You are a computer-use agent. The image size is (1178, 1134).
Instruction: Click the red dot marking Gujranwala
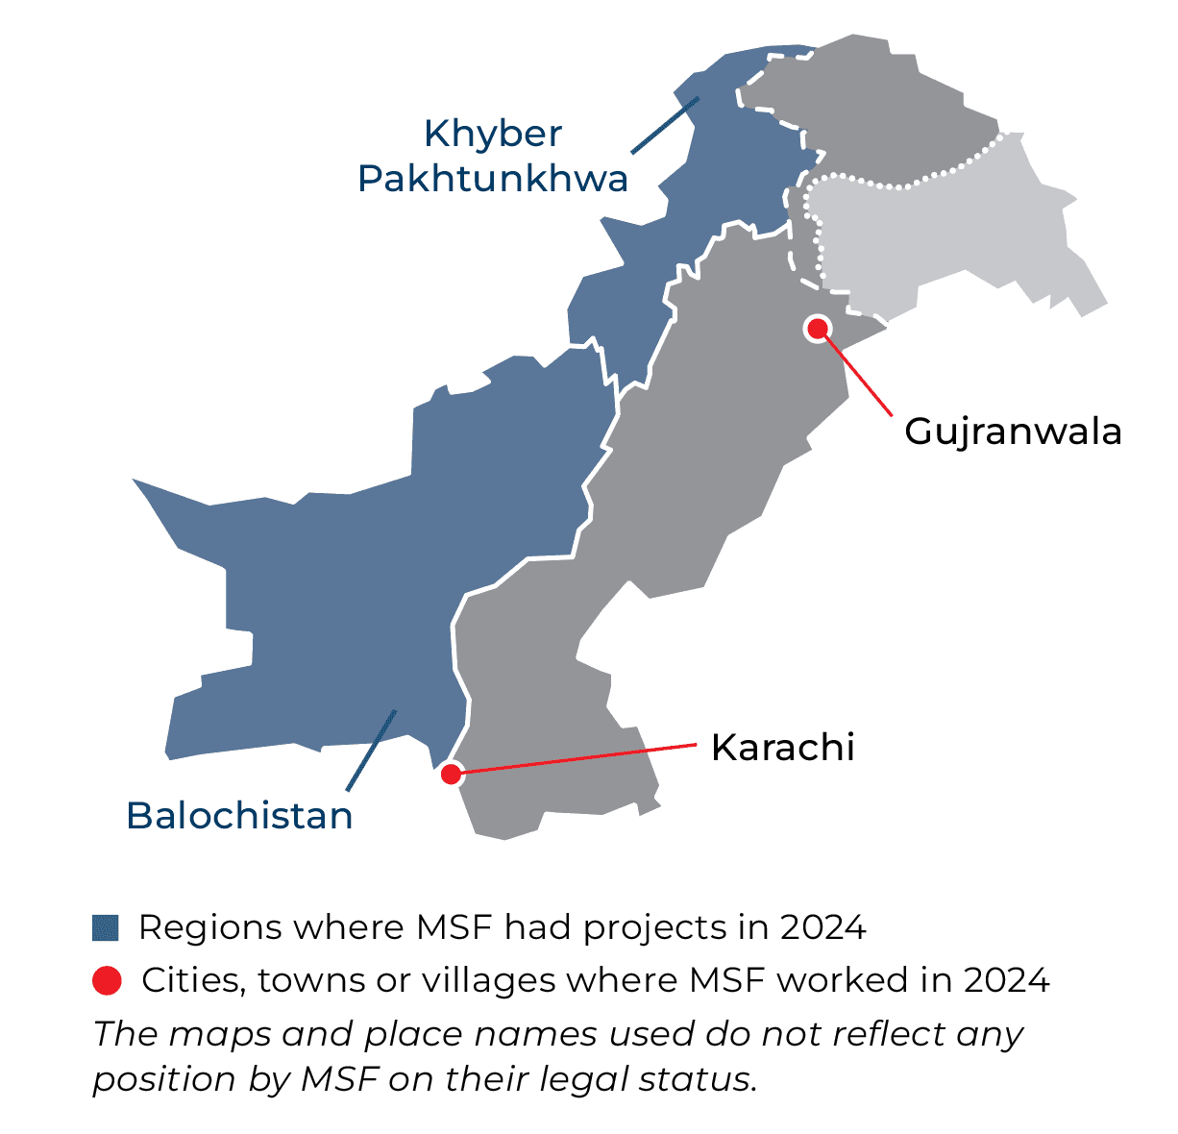tap(818, 329)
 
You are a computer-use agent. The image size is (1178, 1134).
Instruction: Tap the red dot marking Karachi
tap(450, 773)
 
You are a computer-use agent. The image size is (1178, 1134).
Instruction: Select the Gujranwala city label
tap(1013, 431)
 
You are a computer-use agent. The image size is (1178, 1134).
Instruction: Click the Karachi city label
tap(782, 748)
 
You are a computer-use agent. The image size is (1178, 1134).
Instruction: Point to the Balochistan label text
tap(239, 816)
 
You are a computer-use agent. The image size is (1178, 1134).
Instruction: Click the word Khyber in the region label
tap(493, 134)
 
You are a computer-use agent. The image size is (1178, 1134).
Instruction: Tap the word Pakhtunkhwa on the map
tap(493, 179)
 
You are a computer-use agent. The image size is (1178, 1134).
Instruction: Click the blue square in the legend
tap(106, 927)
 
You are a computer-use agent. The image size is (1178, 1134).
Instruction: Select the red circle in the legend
tap(107, 980)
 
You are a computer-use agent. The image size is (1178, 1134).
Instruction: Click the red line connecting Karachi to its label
tap(577, 758)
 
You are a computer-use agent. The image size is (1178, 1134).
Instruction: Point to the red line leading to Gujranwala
tap(860, 376)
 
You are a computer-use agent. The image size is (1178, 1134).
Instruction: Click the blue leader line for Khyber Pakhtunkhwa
tap(664, 125)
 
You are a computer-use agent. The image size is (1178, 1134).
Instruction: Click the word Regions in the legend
tap(210, 927)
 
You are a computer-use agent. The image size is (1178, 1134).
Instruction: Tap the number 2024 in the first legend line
tap(823, 927)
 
